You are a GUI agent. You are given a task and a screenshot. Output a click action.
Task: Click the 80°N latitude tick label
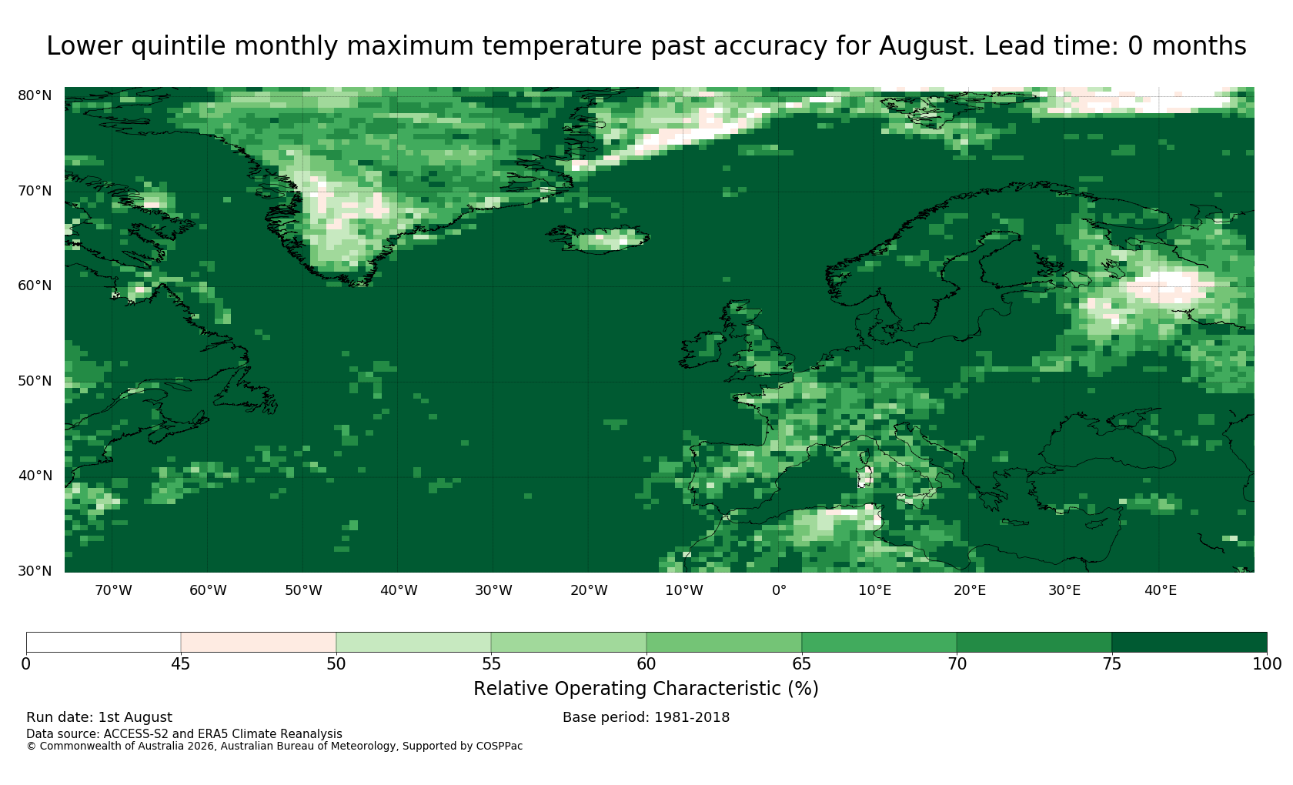[x=35, y=95]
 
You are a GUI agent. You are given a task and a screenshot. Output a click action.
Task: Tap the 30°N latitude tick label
[x=35, y=571]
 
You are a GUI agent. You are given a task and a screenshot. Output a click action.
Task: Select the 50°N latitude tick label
[x=35, y=381]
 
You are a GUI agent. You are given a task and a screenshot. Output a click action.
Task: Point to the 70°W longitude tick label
[x=114, y=590]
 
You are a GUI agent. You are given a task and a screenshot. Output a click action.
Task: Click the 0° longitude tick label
[x=779, y=590]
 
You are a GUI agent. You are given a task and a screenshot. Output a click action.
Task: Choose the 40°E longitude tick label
[x=1161, y=590]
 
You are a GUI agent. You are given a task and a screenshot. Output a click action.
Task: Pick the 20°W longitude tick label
[x=590, y=590]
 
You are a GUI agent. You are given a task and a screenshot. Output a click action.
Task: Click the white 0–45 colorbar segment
[x=103, y=643]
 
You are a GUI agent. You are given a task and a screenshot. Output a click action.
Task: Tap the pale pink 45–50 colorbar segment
[x=259, y=643]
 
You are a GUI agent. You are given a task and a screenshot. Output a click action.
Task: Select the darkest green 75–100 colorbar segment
[x=1190, y=643]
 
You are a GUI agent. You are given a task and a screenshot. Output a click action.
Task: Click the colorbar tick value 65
[x=802, y=664]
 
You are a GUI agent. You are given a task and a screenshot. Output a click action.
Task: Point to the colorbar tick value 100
[x=1267, y=664]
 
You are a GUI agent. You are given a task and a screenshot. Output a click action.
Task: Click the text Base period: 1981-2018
[x=646, y=717]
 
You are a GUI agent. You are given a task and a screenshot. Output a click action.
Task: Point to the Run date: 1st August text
[x=99, y=717]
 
